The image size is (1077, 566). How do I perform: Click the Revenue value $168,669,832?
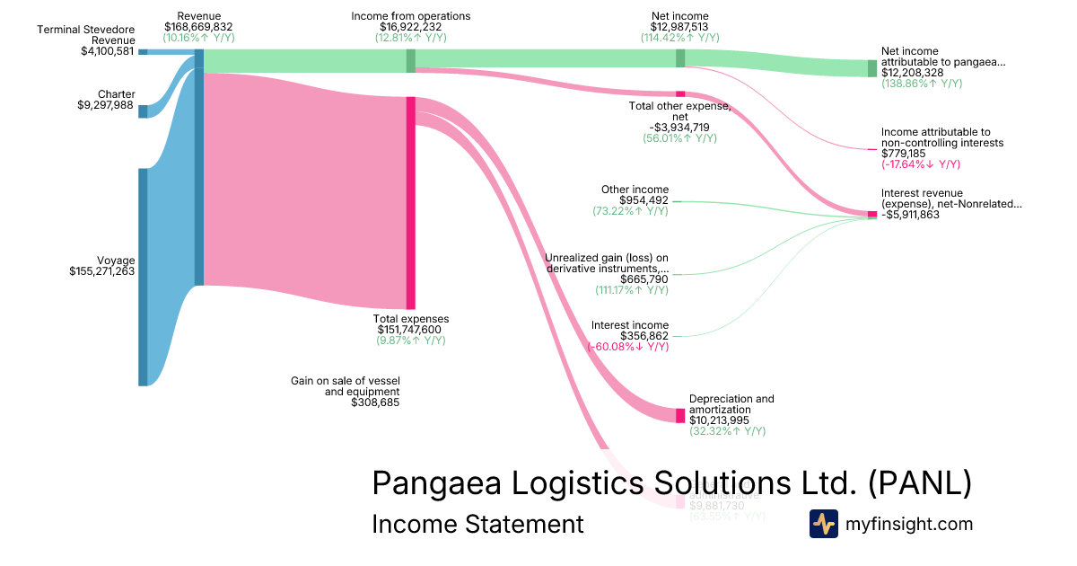[x=199, y=28]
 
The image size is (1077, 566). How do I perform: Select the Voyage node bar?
[x=143, y=277]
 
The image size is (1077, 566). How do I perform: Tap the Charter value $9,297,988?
[x=106, y=105]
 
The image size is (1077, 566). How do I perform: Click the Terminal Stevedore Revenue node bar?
[x=143, y=52]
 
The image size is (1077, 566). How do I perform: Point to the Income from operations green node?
[x=410, y=60]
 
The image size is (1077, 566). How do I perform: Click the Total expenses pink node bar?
[x=410, y=202]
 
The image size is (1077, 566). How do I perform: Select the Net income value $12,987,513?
[x=679, y=28]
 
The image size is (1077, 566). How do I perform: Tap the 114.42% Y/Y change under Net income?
[x=679, y=39]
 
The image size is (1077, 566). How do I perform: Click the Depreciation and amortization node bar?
[x=679, y=415]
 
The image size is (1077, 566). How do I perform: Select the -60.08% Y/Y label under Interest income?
[x=627, y=347]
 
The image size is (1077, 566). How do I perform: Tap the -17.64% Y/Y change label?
[x=920, y=164]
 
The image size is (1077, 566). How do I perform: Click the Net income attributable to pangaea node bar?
[x=871, y=68]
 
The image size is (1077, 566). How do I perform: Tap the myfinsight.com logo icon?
[x=823, y=524]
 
